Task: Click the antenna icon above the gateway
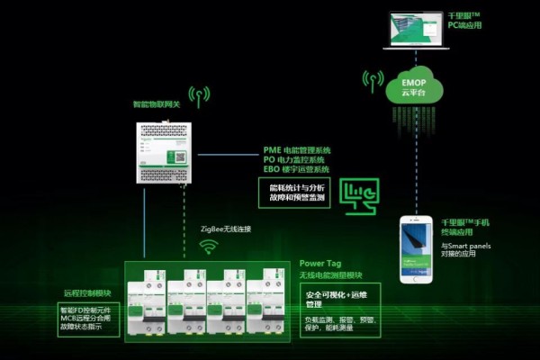click(x=200, y=96)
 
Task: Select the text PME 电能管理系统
click(x=297, y=148)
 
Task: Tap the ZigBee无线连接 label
click(x=225, y=229)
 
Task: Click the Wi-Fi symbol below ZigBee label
click(x=209, y=245)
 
